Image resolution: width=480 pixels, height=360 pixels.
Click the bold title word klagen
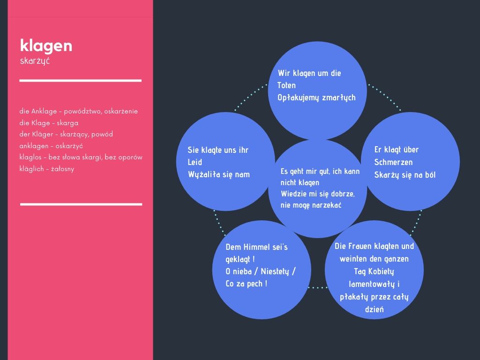(x=46, y=45)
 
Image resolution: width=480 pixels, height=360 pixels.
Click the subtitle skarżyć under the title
(x=35, y=60)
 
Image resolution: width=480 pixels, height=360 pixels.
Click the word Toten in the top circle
(x=286, y=85)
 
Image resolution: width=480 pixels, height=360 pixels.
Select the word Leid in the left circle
(x=195, y=162)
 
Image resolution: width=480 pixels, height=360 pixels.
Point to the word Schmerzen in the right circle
(x=393, y=162)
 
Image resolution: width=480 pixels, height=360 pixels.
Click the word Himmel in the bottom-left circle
(x=250, y=247)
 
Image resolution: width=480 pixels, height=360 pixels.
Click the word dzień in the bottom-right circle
(x=374, y=309)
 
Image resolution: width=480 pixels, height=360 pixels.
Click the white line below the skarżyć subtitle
(x=81, y=81)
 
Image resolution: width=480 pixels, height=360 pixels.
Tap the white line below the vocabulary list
(x=81, y=204)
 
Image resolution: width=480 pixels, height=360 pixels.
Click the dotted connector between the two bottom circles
(x=318, y=287)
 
